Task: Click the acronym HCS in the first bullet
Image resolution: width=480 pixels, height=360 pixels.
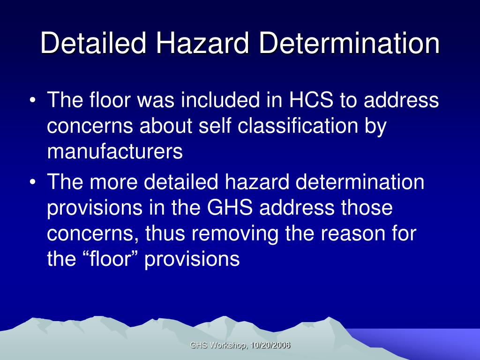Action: click(311, 100)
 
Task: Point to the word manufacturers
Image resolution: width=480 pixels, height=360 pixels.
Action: click(115, 151)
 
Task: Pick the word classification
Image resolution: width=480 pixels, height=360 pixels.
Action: click(298, 126)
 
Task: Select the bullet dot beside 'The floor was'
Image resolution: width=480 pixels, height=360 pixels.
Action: click(33, 100)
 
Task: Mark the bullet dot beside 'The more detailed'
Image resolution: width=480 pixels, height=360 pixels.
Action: click(33, 182)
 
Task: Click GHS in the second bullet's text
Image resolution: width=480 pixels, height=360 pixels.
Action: click(230, 207)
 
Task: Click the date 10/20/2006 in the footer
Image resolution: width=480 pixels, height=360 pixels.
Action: click(270, 345)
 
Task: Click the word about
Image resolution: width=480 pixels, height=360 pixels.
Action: click(165, 126)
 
